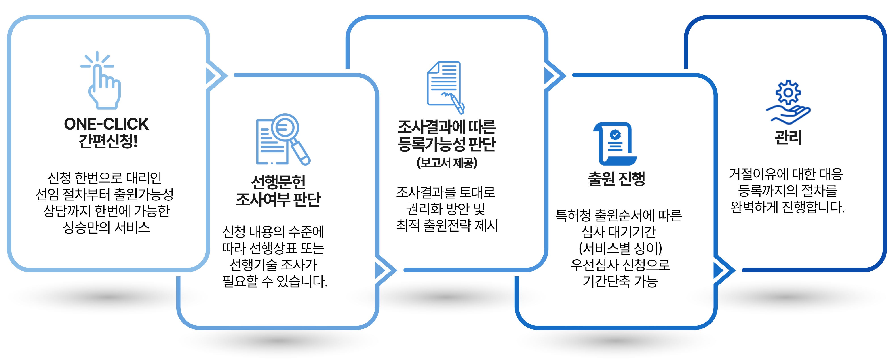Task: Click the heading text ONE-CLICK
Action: click(x=106, y=124)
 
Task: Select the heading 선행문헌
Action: click(x=278, y=181)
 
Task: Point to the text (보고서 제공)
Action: click(x=447, y=162)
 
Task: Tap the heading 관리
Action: click(x=788, y=137)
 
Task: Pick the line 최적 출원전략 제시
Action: click(x=447, y=225)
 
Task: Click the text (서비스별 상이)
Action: click(x=620, y=248)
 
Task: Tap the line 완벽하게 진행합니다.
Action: click(x=787, y=207)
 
